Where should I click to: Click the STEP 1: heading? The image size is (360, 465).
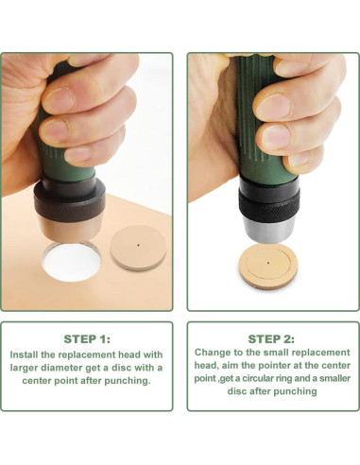87,339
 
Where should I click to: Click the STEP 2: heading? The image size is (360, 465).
271,339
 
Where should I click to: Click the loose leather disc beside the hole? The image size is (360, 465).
138,249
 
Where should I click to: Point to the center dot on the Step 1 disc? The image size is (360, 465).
138,245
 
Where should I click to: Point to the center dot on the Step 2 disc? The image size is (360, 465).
268,262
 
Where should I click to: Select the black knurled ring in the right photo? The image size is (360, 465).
269,206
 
